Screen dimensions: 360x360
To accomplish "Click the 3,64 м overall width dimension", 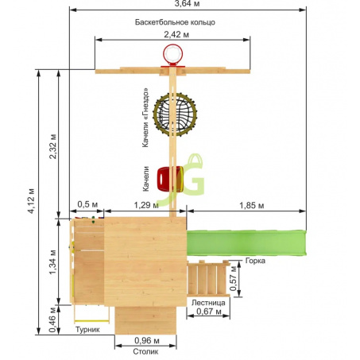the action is tap(188, 4).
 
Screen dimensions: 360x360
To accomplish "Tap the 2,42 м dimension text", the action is tap(176, 35).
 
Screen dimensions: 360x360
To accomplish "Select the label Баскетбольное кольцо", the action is tap(175, 22).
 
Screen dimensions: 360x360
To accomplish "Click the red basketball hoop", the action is tap(172, 54).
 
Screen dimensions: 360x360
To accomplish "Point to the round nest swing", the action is tap(175, 114).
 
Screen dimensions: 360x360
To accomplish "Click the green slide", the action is tap(246, 243).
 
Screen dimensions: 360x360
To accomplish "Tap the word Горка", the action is tap(255, 261).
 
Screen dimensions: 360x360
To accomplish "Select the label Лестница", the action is tap(208, 303).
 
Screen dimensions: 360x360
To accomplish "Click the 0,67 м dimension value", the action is tap(209, 312).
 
